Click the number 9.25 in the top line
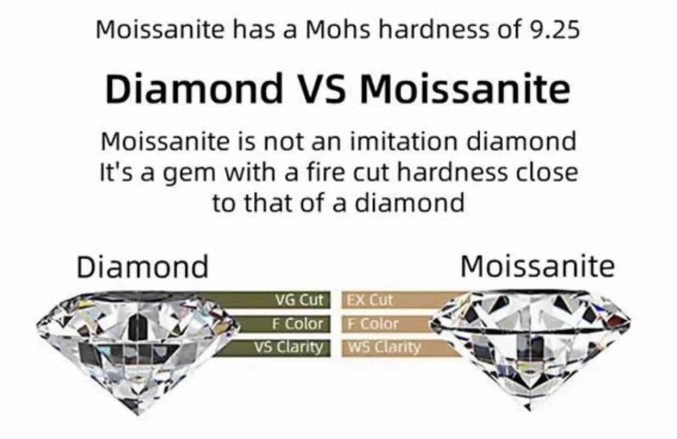[x=554, y=30]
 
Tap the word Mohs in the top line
[x=337, y=30]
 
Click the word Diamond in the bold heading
[x=194, y=88]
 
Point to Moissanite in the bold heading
[x=465, y=88]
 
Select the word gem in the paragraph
[x=189, y=174]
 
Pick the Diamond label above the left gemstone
[x=142, y=266]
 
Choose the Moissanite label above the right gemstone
[x=537, y=266]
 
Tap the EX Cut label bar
[x=402, y=300]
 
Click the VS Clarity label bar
[x=272, y=348]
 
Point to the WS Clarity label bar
[x=399, y=348]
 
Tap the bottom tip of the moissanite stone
[x=528, y=409]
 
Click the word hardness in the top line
[x=433, y=30]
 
